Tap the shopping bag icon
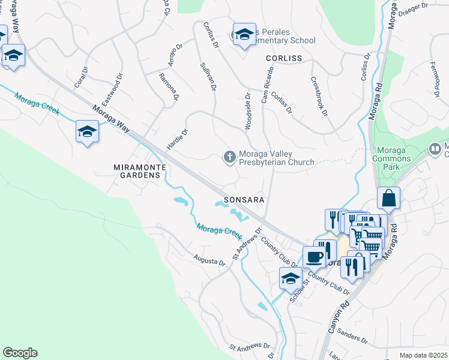389,199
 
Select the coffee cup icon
314,257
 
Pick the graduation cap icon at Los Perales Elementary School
244,36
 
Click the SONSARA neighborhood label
244,199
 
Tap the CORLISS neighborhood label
284,58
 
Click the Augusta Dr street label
209,261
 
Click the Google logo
20,353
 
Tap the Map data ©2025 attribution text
423,355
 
